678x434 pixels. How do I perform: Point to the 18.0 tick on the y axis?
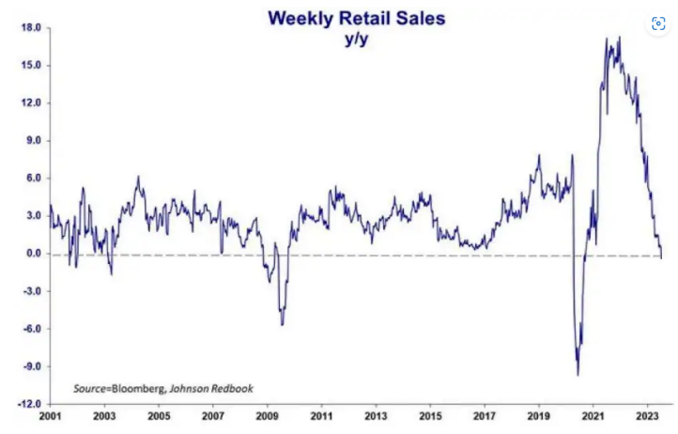pyautogui.click(x=30, y=28)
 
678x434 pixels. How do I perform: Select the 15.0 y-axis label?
pyautogui.click(x=30, y=66)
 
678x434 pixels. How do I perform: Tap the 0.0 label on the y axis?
pyautogui.click(x=33, y=254)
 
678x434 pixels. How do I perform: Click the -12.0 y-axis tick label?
pyautogui.click(x=28, y=404)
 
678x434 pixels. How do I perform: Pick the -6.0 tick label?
pyautogui.click(x=30, y=329)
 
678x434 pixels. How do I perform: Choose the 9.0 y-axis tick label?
pyautogui.click(x=33, y=141)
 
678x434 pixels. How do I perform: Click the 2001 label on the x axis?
pyautogui.click(x=51, y=415)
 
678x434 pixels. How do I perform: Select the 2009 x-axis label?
pyautogui.click(x=268, y=415)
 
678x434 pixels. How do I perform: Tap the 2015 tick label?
pyautogui.click(x=431, y=415)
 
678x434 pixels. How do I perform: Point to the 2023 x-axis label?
pyautogui.click(x=648, y=415)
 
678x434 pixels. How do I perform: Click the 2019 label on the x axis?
pyautogui.click(x=539, y=415)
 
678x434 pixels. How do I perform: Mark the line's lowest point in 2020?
pyautogui.click(x=578, y=375)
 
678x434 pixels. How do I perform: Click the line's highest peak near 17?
pyautogui.click(x=620, y=38)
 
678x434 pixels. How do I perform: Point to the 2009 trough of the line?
pyautogui.click(x=283, y=325)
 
